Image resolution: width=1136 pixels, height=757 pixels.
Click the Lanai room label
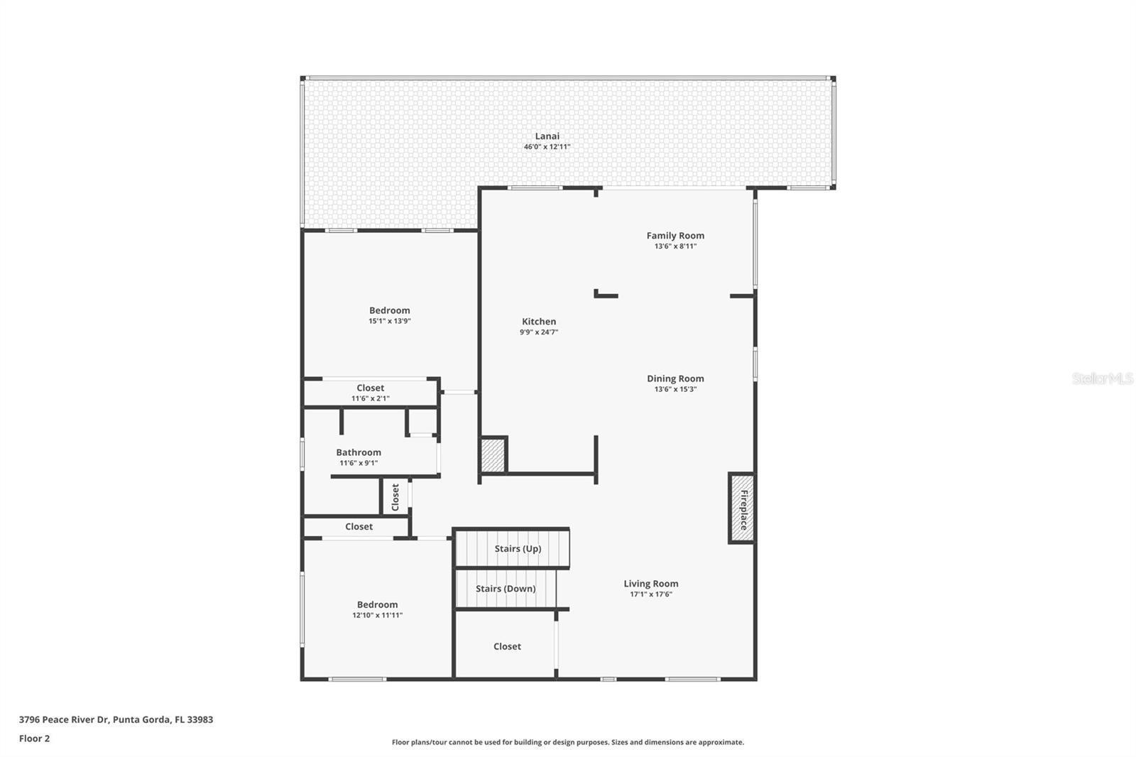[547, 136]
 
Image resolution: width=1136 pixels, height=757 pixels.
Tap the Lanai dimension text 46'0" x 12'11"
[547, 147]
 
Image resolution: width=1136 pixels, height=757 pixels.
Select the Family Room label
[675, 236]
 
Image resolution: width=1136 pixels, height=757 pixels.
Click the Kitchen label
[539, 322]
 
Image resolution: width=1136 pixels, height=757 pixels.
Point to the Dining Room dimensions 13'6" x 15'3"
[675, 389]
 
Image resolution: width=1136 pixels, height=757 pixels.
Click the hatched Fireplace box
[742, 508]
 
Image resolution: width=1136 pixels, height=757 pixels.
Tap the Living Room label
[650, 584]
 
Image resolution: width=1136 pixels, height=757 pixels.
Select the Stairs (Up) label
[518, 549]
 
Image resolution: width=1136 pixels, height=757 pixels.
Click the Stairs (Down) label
[506, 589]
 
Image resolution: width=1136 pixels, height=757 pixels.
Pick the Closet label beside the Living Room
[507, 646]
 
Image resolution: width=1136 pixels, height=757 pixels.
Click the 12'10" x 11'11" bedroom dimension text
[377, 616]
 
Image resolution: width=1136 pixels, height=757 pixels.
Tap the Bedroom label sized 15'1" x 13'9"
[389, 310]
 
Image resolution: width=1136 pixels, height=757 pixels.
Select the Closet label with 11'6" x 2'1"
[370, 388]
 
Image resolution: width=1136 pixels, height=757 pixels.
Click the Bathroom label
[359, 452]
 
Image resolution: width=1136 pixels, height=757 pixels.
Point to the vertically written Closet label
[395, 497]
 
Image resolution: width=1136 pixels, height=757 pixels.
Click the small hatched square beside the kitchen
[493, 455]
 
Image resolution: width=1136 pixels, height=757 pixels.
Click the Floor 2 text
[34, 739]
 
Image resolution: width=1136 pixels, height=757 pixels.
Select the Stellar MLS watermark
[1102, 378]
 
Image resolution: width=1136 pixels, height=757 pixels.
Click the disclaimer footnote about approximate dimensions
[568, 742]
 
